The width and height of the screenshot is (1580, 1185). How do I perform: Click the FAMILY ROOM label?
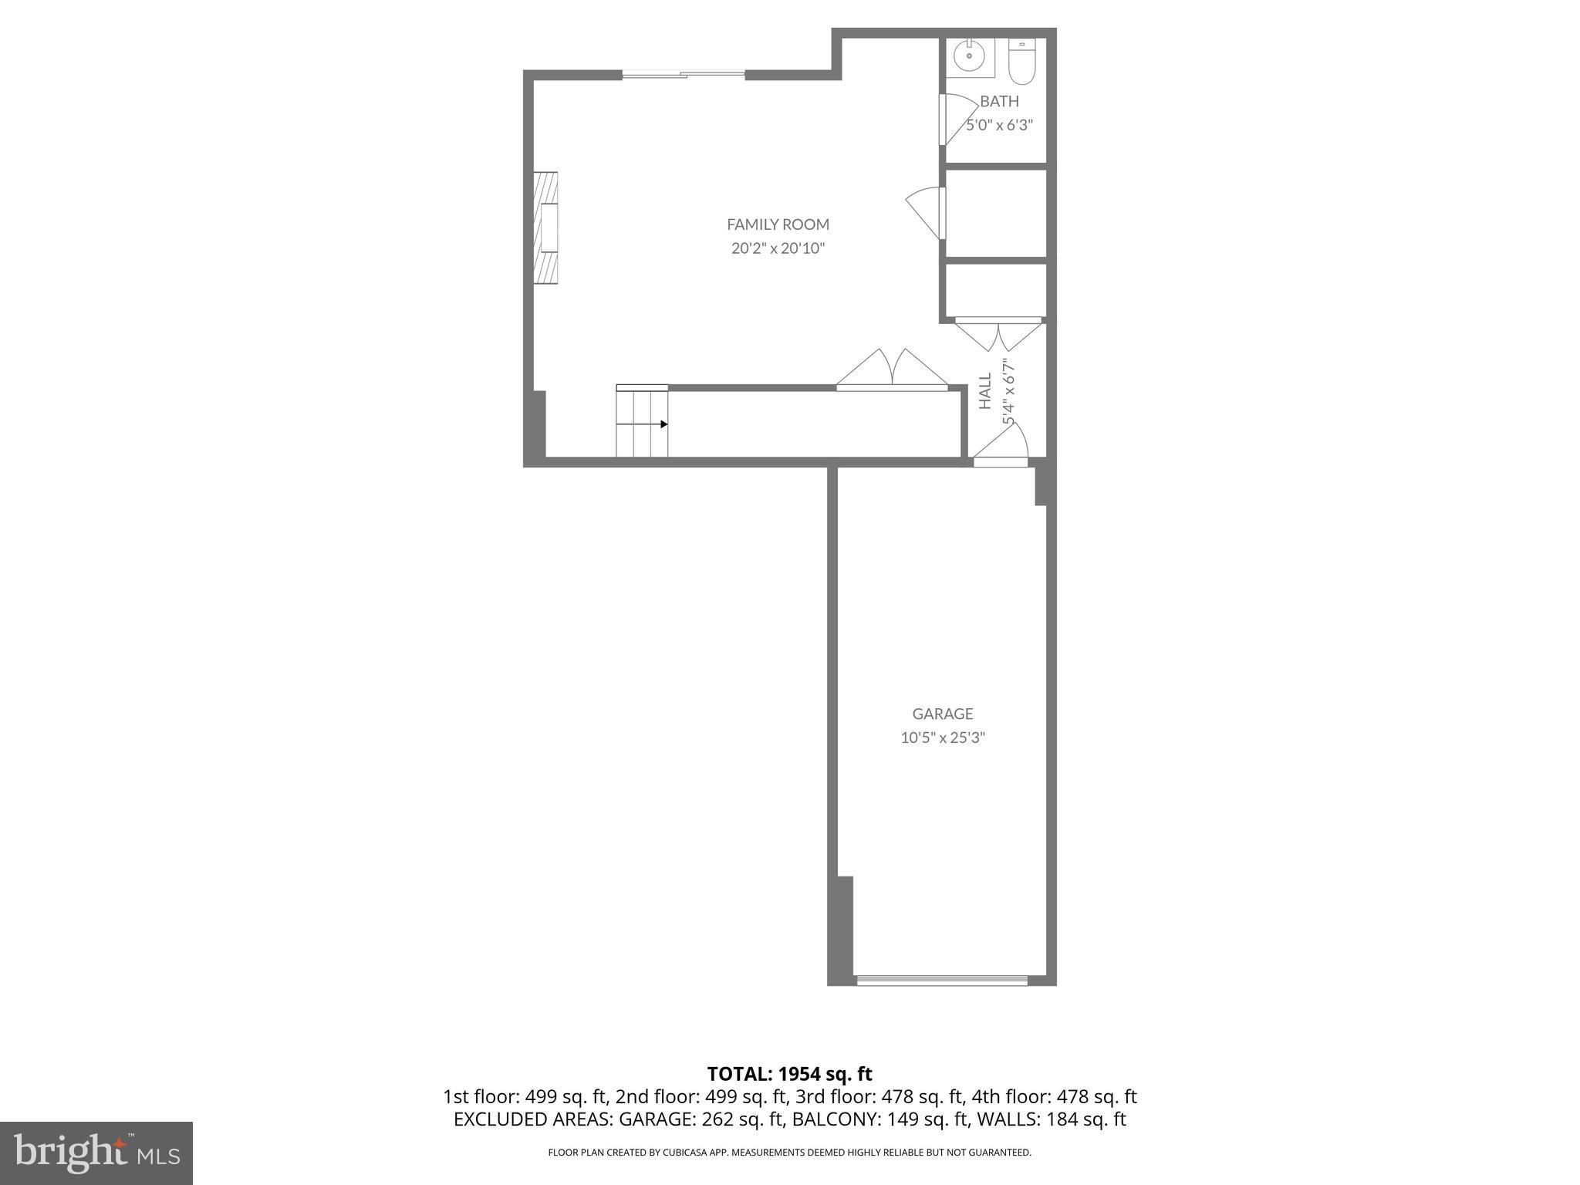tap(778, 225)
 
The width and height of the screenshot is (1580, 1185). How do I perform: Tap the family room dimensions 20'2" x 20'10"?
tap(778, 248)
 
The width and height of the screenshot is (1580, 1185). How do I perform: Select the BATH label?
tap(999, 101)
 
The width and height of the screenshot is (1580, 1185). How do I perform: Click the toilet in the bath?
tap(1021, 62)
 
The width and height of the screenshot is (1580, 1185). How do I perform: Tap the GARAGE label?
tap(942, 714)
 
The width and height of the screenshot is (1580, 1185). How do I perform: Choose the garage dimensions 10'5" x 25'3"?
tap(943, 738)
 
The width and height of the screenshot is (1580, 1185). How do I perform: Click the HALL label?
tap(985, 391)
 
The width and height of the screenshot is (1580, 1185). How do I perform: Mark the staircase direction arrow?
tap(663, 424)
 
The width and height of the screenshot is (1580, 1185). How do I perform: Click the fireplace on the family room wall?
tap(546, 228)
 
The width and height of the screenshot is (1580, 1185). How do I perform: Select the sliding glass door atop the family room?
tap(684, 74)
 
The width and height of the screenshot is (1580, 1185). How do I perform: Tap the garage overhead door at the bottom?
tap(942, 981)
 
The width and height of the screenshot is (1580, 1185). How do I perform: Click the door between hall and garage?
tap(1001, 461)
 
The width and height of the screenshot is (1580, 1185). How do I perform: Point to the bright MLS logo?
tap(96, 1153)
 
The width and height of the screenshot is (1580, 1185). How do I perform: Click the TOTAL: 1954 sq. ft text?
tap(789, 1074)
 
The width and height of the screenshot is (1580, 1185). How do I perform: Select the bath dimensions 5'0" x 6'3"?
tap(1000, 125)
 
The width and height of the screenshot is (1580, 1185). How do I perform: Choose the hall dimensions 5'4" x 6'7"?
tap(1008, 391)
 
